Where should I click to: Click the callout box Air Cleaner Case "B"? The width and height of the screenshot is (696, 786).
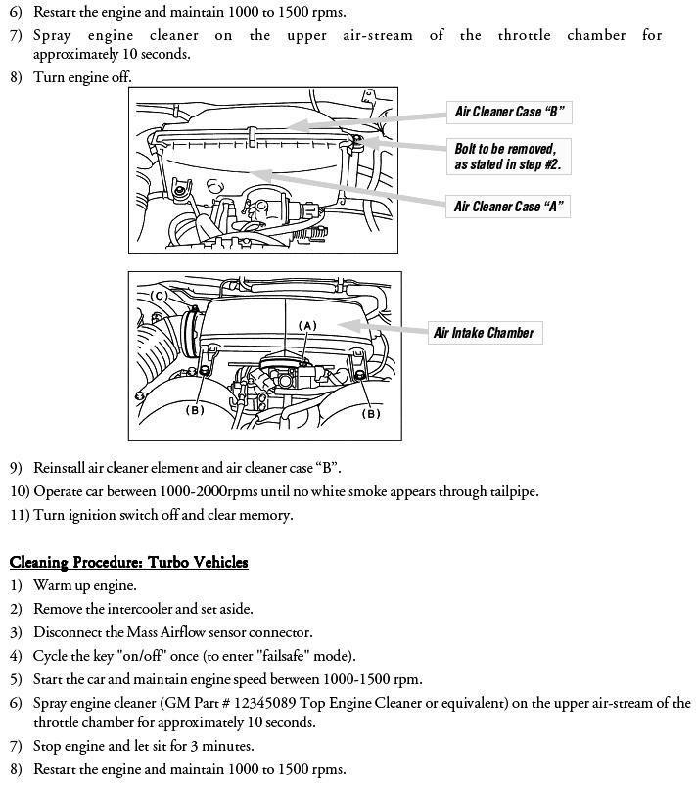(x=509, y=112)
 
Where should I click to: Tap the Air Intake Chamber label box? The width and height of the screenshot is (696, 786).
(x=484, y=333)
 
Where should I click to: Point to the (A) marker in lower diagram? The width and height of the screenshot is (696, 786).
(x=308, y=325)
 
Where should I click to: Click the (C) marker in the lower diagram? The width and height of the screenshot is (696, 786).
(x=159, y=297)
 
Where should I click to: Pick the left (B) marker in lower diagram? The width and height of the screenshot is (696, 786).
(x=196, y=410)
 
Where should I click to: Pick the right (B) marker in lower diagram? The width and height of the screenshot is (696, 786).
(x=371, y=413)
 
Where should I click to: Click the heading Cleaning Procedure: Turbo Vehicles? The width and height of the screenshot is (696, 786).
(x=128, y=562)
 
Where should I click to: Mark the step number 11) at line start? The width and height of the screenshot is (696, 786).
(x=20, y=515)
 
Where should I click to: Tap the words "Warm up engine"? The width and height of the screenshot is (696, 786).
(x=84, y=585)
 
